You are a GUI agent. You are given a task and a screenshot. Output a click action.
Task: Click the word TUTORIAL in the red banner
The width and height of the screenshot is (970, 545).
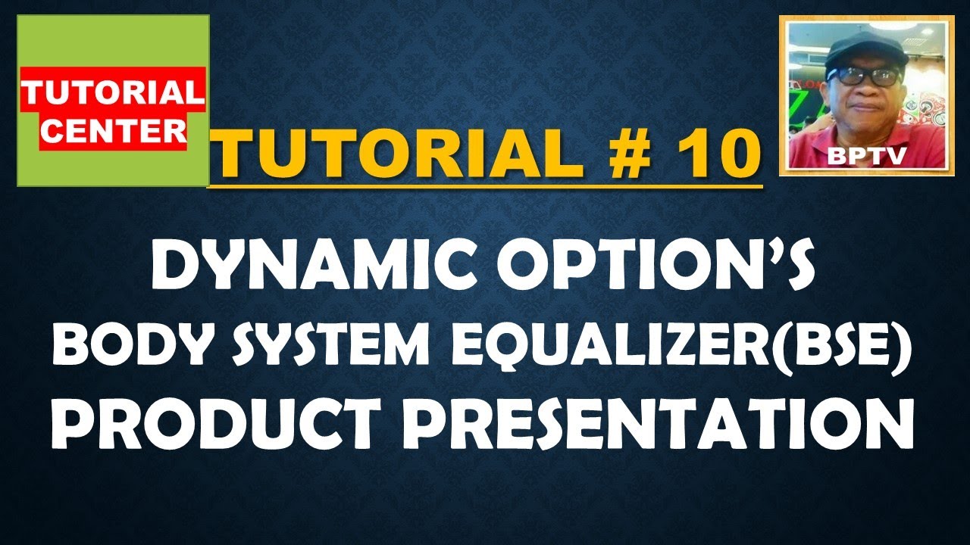[112, 93]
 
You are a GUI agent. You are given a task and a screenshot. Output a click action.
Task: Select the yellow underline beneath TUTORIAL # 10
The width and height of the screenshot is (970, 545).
[485, 184]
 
